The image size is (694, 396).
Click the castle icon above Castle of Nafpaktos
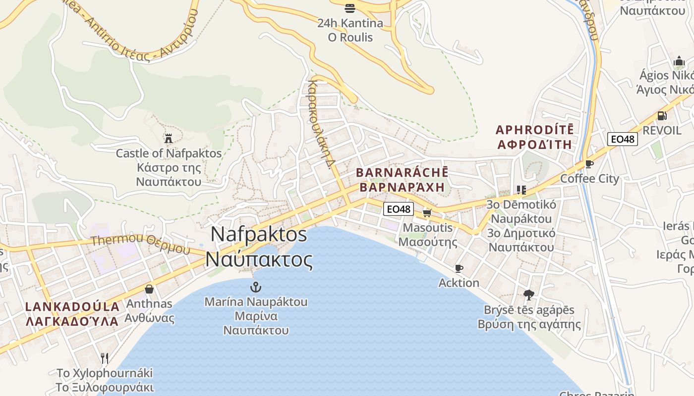click(169, 138)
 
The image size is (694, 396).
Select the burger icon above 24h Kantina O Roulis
click(350, 8)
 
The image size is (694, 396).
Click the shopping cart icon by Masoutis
click(427, 213)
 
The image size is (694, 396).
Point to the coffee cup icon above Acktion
click(459, 268)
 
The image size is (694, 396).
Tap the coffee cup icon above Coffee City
click(589, 164)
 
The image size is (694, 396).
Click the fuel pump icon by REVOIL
click(662, 116)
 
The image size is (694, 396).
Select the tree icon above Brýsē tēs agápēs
click(529, 295)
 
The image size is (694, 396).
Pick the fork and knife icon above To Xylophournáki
click(105, 358)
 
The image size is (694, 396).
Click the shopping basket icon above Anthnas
click(149, 289)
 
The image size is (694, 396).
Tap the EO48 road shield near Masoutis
click(399, 209)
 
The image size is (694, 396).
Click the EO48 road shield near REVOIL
click(623, 139)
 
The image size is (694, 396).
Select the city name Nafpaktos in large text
click(259, 234)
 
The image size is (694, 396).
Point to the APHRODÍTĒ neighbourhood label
click(535, 130)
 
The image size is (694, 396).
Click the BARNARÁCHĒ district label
click(402, 173)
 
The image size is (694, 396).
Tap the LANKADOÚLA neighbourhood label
click(72, 306)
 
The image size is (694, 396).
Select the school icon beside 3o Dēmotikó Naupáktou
click(521, 190)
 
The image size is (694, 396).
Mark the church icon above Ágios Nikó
click(679, 61)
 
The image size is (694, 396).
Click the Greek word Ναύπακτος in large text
click(259, 259)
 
